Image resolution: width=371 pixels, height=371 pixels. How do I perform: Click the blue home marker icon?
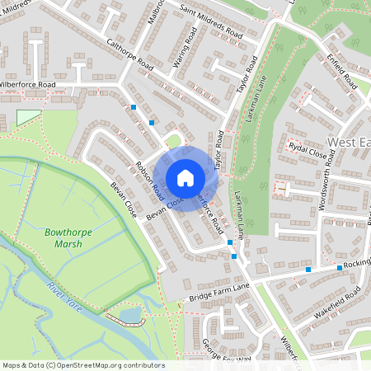[x=185, y=177]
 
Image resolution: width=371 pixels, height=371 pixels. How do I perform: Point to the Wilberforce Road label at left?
[x=27, y=85]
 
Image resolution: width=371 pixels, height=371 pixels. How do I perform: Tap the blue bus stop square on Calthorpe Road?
[x=134, y=106]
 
